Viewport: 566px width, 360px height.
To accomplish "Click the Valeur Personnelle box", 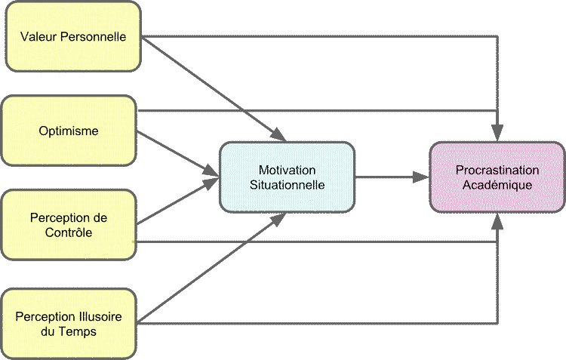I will pos(72,36).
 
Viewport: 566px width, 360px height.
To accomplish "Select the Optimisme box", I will pos(69,131).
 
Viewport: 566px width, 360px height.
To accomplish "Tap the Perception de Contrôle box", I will pos(69,225).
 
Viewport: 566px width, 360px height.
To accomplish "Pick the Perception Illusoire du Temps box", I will pos(69,322).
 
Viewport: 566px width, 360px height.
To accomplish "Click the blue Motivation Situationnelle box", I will pos(287,177).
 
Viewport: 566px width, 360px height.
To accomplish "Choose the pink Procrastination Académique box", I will pos(497,177).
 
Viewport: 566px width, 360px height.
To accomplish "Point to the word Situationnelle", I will pos(287,184).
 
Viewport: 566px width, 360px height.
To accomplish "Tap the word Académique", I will pos(497,184).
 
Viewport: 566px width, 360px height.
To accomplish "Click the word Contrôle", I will pos(69,232).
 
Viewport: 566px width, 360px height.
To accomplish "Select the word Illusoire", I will pos(101,315).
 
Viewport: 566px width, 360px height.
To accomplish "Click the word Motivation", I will pos(287,170).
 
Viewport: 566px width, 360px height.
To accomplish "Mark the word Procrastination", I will pos(497,170).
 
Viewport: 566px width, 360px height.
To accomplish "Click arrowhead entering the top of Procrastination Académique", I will pos(497,134).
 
